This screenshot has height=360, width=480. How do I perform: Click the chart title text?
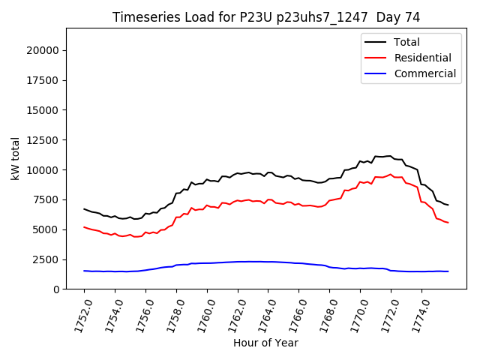[x=265, y=17]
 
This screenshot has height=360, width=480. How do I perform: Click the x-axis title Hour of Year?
[x=265, y=343]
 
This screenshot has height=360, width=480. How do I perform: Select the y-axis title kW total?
[x=15, y=159]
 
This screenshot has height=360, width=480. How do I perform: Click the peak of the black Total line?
[x=389, y=156]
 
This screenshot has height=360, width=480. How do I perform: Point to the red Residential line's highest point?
[x=390, y=174]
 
